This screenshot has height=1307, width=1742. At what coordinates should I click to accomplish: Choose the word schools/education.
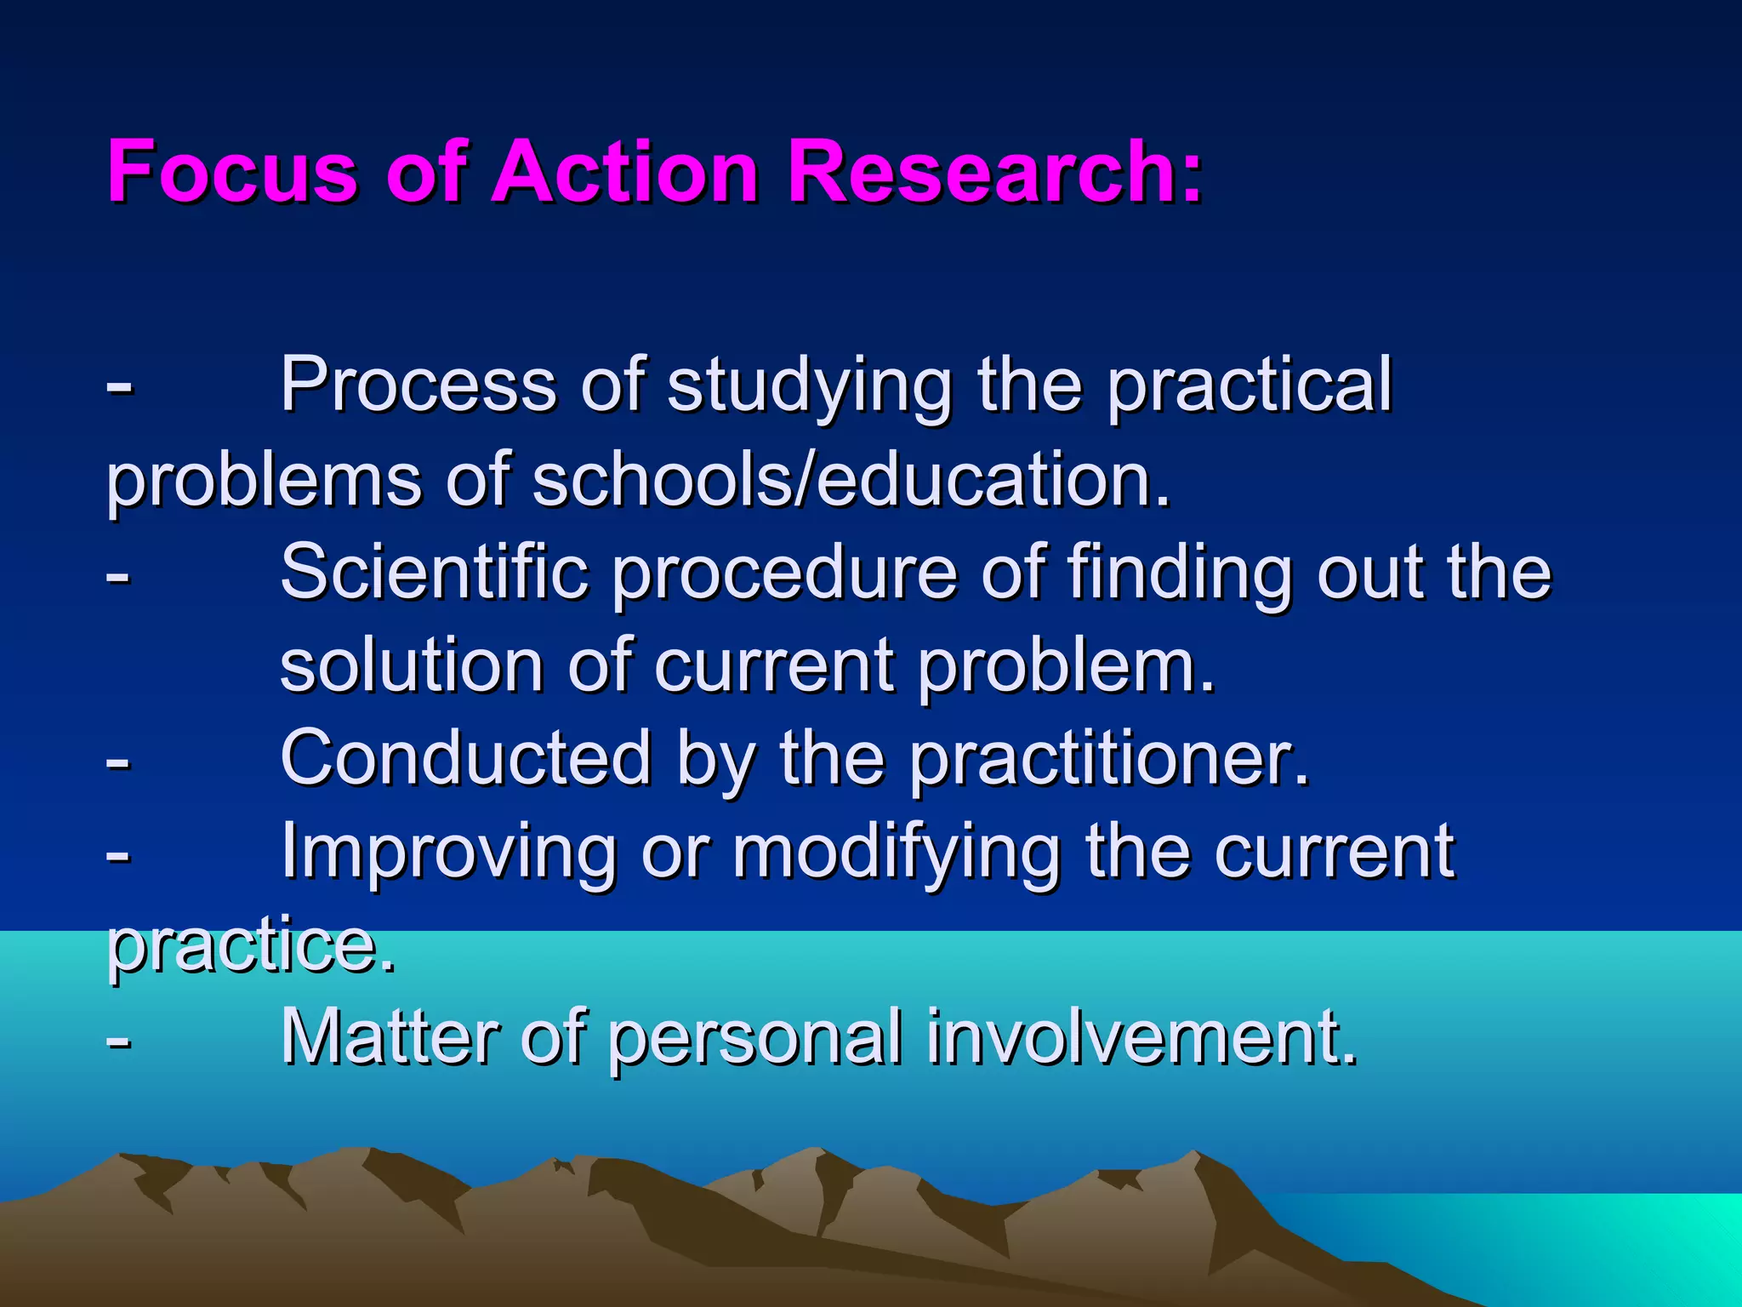(851, 479)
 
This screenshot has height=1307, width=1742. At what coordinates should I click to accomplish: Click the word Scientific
(434, 572)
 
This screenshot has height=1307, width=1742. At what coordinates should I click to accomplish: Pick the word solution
(412, 665)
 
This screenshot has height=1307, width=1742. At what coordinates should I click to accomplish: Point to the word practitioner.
(1109, 760)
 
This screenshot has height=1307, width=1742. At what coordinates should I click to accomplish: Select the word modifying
(897, 853)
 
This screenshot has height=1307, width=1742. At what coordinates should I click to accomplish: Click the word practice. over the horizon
(252, 946)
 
